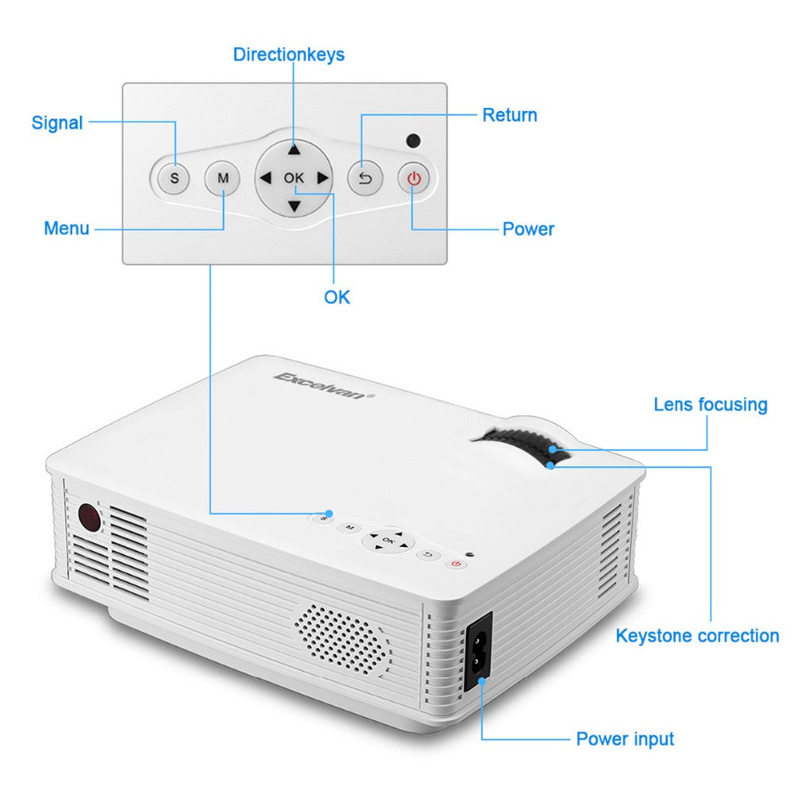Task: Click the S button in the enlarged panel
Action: click(x=175, y=178)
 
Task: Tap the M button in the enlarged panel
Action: click(x=223, y=178)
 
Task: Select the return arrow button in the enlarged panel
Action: click(x=365, y=178)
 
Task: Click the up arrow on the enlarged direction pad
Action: click(x=295, y=149)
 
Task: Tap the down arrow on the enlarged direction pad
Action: click(x=295, y=206)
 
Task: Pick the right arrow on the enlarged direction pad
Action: click(x=322, y=178)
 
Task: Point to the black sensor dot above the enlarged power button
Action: click(x=413, y=141)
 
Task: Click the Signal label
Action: click(x=57, y=123)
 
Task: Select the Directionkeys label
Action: click(x=288, y=54)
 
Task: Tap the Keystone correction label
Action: click(x=697, y=636)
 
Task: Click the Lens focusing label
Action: click(x=711, y=404)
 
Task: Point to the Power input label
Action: click(x=625, y=739)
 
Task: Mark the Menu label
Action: click(x=67, y=229)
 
